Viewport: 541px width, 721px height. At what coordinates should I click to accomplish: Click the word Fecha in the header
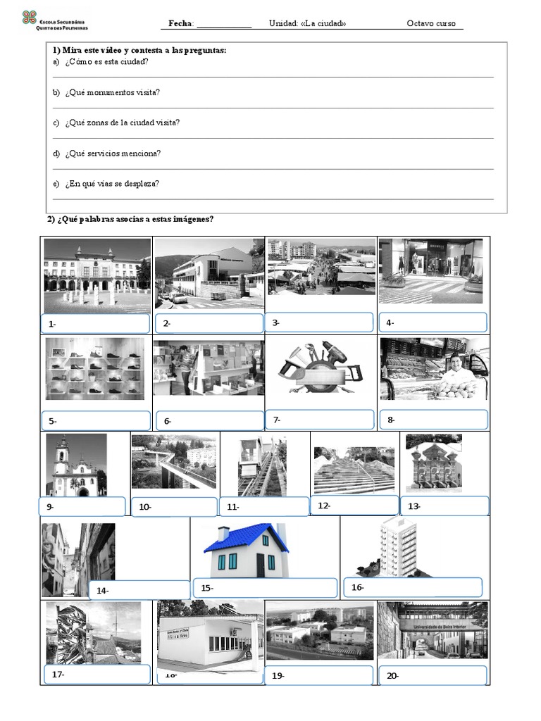click(x=181, y=23)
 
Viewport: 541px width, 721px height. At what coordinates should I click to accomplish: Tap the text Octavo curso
click(x=431, y=23)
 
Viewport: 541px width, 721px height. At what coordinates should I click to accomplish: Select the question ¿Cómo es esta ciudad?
click(x=106, y=62)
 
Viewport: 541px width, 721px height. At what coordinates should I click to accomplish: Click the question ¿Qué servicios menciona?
click(x=113, y=153)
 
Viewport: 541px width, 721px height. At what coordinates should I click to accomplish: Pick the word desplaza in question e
click(x=142, y=184)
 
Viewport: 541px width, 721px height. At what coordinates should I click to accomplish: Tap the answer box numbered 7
click(x=320, y=420)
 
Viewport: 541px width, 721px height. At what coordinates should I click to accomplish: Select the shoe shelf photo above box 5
click(x=94, y=369)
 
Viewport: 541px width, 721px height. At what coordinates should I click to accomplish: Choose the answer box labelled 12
click(x=354, y=505)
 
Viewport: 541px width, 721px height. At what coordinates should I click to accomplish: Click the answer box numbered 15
click(x=266, y=588)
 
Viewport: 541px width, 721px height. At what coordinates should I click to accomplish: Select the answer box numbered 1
click(x=96, y=324)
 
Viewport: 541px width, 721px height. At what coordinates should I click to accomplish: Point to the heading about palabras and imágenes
click(x=130, y=219)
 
